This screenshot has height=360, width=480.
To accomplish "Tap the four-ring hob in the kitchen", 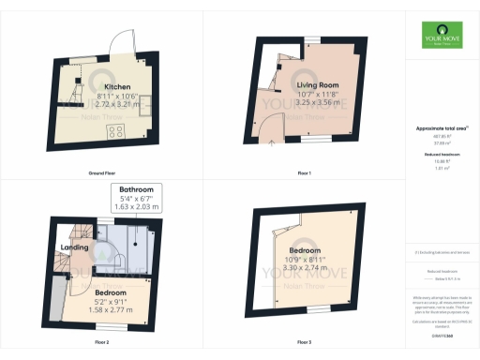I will [120, 129].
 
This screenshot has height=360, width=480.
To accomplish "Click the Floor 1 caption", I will [302, 174].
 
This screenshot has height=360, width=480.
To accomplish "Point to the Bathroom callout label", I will [137, 189].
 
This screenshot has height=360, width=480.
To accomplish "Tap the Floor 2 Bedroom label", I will [110, 292].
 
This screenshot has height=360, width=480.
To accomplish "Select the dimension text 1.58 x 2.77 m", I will [110, 307].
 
